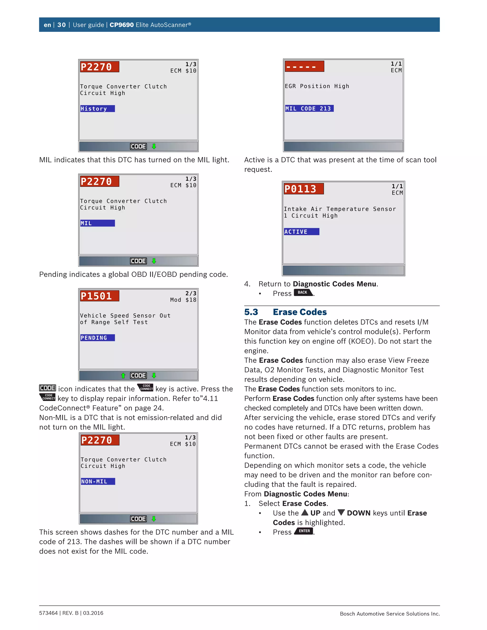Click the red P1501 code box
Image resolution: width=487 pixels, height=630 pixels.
(x=99, y=296)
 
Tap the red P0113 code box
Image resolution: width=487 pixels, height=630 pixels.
(x=303, y=189)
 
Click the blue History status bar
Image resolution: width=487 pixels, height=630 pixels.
(x=97, y=109)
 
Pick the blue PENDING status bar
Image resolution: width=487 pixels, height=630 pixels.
(x=97, y=338)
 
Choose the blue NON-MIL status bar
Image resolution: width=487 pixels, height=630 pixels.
(x=98, y=481)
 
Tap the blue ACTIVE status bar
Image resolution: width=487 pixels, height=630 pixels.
(x=302, y=232)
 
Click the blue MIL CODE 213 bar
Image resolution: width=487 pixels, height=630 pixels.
(x=309, y=108)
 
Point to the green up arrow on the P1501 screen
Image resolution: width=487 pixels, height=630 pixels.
(x=123, y=376)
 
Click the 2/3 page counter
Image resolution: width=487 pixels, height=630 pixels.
(x=191, y=293)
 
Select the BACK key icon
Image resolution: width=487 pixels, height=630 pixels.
(x=303, y=292)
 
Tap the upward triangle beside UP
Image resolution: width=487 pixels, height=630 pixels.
(x=305, y=512)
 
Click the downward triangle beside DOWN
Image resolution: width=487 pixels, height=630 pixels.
(x=341, y=512)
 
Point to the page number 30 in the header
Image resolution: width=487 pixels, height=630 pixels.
(x=61, y=25)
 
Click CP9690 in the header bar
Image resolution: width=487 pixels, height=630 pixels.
(x=122, y=25)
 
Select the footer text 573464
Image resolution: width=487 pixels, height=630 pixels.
(x=49, y=613)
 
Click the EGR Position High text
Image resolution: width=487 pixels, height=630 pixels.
(x=317, y=86)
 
